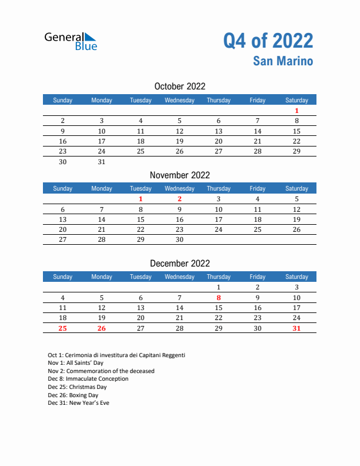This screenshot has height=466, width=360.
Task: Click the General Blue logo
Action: [x=71, y=41]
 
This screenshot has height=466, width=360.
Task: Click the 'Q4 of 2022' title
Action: [x=268, y=41]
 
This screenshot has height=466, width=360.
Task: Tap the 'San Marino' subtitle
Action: [x=284, y=61]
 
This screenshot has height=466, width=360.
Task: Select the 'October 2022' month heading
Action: [x=179, y=86]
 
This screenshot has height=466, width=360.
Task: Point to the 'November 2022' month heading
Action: [x=179, y=175]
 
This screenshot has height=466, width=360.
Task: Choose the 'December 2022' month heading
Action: [x=179, y=263]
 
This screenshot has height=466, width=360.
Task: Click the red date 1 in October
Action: [x=296, y=111]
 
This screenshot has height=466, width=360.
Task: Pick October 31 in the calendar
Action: [x=102, y=162]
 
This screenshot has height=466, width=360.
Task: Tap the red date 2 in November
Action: [x=179, y=199]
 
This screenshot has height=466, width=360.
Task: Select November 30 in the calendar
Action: [x=179, y=239]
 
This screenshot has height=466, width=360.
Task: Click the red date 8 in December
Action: [x=218, y=298]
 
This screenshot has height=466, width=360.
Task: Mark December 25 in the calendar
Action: [x=63, y=328]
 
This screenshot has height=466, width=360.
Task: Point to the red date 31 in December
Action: [x=296, y=328]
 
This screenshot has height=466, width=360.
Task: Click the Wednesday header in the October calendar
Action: [x=179, y=100]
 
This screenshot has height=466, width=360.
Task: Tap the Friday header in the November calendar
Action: [x=257, y=188]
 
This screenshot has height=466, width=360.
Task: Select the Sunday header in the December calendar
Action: [x=63, y=277]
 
